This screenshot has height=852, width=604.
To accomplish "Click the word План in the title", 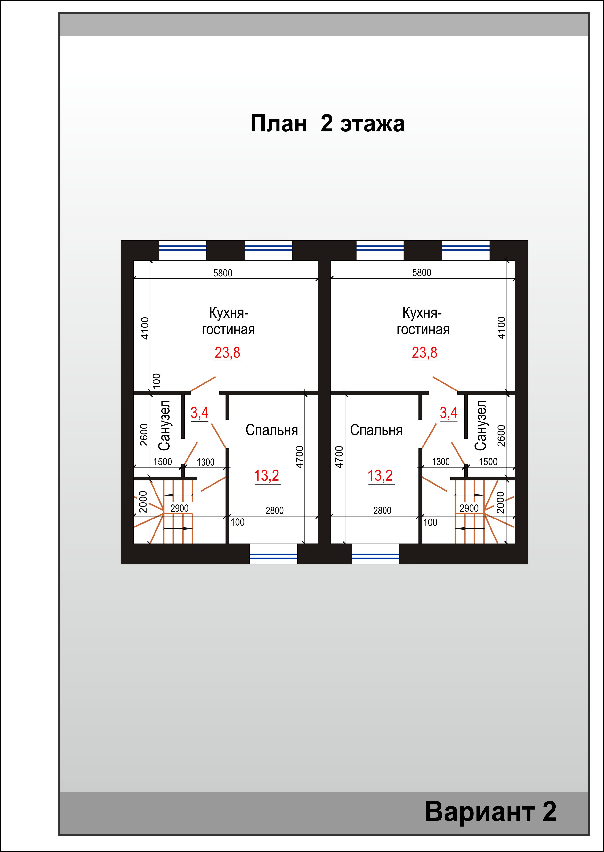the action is [x=278, y=124].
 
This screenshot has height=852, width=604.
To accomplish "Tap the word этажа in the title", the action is [x=372, y=124].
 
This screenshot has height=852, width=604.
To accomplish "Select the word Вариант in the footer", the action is [x=480, y=812].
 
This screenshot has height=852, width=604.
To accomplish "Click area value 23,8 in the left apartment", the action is [x=227, y=353].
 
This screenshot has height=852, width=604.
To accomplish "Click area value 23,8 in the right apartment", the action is [x=424, y=353].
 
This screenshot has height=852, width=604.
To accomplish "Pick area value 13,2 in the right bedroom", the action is [x=381, y=476].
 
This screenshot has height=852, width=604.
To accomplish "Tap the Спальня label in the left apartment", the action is [x=271, y=430].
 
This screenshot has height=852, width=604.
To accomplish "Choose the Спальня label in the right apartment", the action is [x=376, y=430].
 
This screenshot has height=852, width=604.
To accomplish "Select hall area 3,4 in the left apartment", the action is [x=199, y=413].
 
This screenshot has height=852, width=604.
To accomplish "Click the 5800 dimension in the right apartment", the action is [x=421, y=273].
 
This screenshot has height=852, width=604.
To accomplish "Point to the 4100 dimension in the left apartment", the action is [x=145, y=328].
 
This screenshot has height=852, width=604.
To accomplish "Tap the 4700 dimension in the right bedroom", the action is [x=339, y=457].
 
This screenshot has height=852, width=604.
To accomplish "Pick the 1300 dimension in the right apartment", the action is [x=441, y=462].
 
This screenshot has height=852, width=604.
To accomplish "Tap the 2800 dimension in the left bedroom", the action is [x=275, y=511].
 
